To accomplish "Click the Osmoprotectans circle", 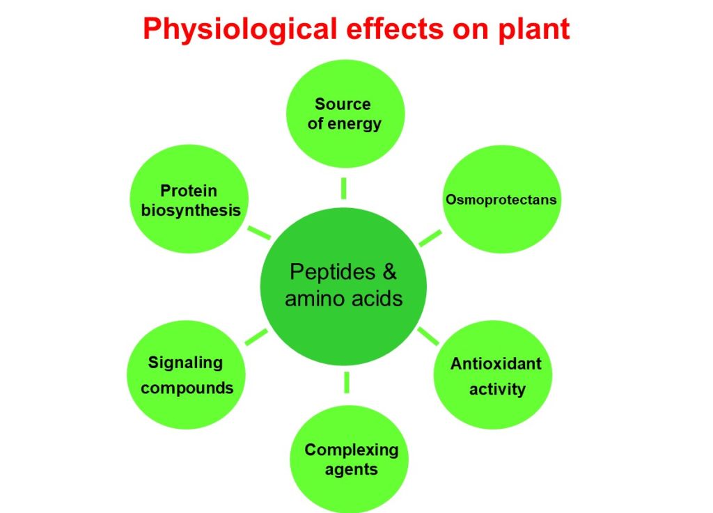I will [x=501, y=200].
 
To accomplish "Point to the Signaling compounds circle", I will [x=187, y=375].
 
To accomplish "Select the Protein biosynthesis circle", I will [x=191, y=200].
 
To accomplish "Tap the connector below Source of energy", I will [x=344, y=187].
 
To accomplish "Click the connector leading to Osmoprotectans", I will [x=430, y=238].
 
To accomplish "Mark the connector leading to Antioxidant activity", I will [x=428, y=335].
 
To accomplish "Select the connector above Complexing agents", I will [x=346, y=382].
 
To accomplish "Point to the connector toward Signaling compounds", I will [x=256, y=336].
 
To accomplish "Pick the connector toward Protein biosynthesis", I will [x=260, y=232].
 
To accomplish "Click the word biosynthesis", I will [x=191, y=210].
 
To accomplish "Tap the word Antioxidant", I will [x=496, y=364].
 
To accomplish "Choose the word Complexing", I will [x=351, y=450].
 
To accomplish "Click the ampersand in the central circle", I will [x=390, y=271].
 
